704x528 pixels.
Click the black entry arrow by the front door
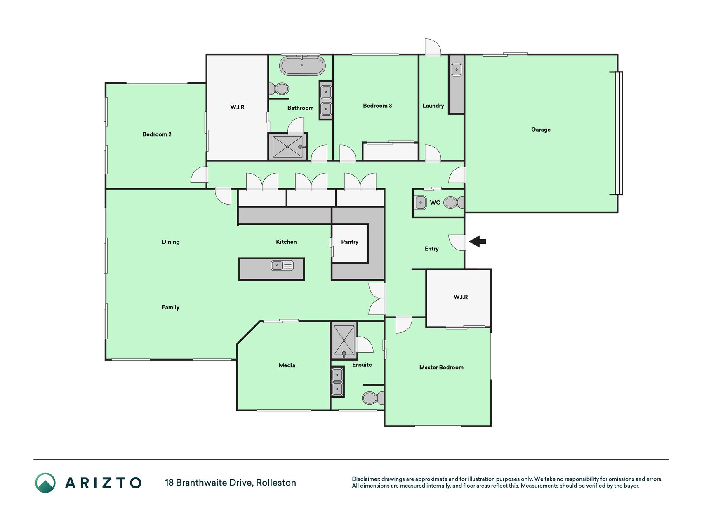[478, 241]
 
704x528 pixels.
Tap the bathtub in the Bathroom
[302, 66]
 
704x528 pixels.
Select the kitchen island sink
[282, 265]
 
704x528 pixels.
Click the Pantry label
[350, 242]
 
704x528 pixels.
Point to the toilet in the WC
[454, 203]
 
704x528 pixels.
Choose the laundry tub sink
[457, 69]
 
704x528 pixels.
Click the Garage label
[541, 130]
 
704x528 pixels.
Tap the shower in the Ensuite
[344, 340]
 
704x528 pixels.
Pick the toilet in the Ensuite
[373, 398]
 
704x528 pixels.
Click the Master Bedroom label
[441, 367]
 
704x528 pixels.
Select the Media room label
[287, 365]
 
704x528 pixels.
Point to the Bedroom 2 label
[157, 134]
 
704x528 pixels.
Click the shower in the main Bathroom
[287, 146]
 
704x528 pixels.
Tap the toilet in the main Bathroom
[279, 89]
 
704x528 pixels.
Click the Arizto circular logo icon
[45, 483]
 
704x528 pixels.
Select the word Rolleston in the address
[276, 483]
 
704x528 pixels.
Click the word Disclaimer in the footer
[365, 479]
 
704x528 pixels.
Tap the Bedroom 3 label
[377, 106]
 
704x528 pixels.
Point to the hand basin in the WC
[420, 203]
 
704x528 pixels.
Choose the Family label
[171, 307]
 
